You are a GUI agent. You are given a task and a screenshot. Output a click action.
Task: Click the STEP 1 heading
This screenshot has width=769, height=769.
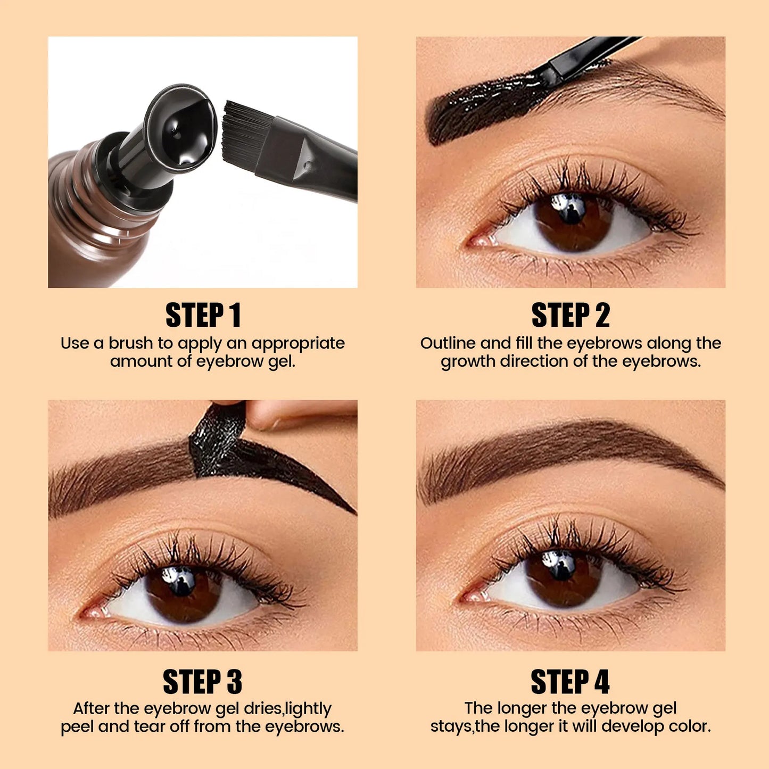coord(203,315)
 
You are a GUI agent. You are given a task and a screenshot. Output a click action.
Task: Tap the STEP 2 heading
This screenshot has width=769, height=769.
coord(570,315)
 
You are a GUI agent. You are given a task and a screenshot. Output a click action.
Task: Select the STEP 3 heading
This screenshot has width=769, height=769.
coord(203,682)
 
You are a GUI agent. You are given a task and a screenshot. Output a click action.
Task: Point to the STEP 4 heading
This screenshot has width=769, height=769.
coord(570,682)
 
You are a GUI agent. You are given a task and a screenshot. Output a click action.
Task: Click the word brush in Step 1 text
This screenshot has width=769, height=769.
coord(130,343)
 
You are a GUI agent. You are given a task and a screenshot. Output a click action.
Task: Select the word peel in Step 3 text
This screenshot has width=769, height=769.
coord(77,726)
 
